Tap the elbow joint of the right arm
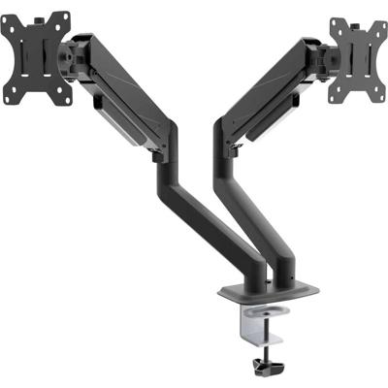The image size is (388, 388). point(231,145)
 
